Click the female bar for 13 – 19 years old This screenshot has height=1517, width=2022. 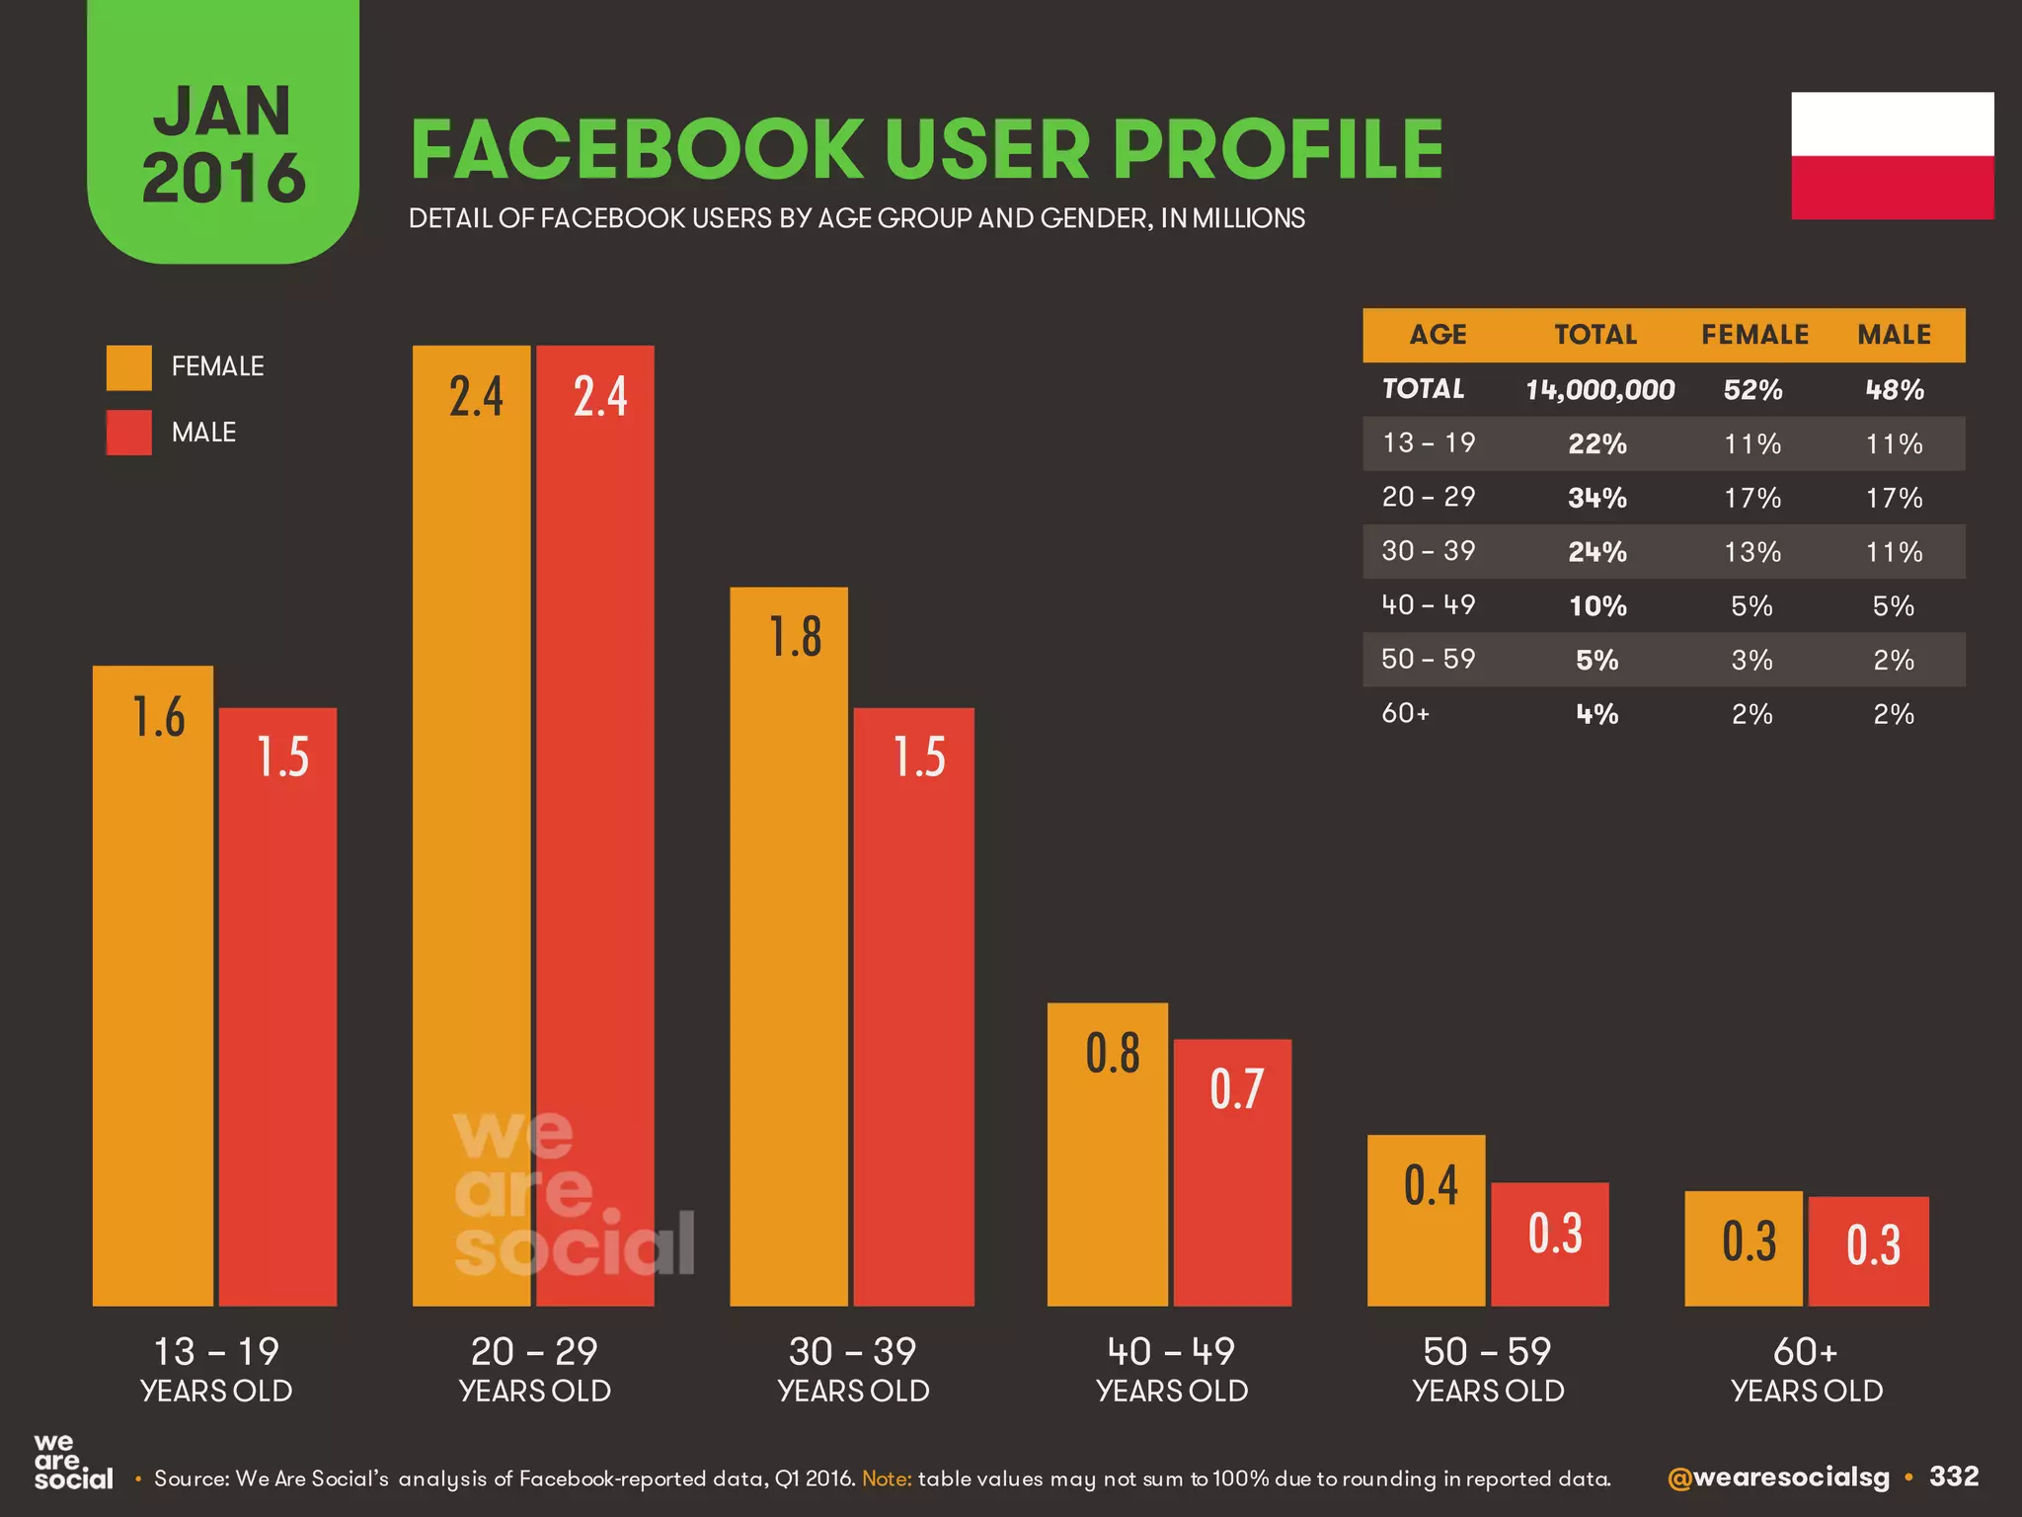coord(153,988)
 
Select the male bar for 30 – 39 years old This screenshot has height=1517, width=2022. coord(913,1007)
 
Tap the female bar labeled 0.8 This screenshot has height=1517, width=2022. coord(1107,1156)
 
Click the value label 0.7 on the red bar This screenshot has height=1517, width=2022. coord(1236,1089)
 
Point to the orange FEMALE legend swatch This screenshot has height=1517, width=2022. coord(129,367)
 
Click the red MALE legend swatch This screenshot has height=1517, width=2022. coord(129,433)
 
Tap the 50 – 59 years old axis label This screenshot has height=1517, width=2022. coord(1487,1369)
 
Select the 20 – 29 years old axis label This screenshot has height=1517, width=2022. coord(534,1369)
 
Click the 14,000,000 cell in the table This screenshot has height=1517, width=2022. coord(1599,390)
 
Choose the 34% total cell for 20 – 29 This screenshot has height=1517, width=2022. coord(1597,498)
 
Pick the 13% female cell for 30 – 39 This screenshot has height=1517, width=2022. coord(1752,551)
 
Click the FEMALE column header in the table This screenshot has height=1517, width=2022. coord(1754,335)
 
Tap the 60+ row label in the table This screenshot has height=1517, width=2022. coord(1405,713)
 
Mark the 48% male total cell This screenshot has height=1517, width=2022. coord(1894,390)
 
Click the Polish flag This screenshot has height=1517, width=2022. coord(1892,156)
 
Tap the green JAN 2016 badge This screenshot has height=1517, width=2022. coord(223,138)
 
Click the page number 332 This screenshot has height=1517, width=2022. coord(1954,1477)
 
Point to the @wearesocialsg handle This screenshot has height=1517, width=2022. coord(1778,1477)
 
